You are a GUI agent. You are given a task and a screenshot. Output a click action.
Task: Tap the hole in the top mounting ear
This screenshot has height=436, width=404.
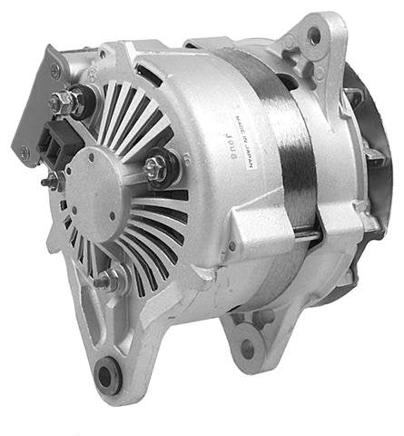point(313,35)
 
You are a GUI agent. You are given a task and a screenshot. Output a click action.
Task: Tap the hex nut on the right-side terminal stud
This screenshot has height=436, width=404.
point(156,166)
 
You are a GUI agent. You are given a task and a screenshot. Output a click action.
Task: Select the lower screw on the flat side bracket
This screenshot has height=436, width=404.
point(25,151)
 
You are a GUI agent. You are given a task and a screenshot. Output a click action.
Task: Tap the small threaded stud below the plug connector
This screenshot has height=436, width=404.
point(53,180)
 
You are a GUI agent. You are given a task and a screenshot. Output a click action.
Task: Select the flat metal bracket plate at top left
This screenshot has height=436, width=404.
point(36,104)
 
